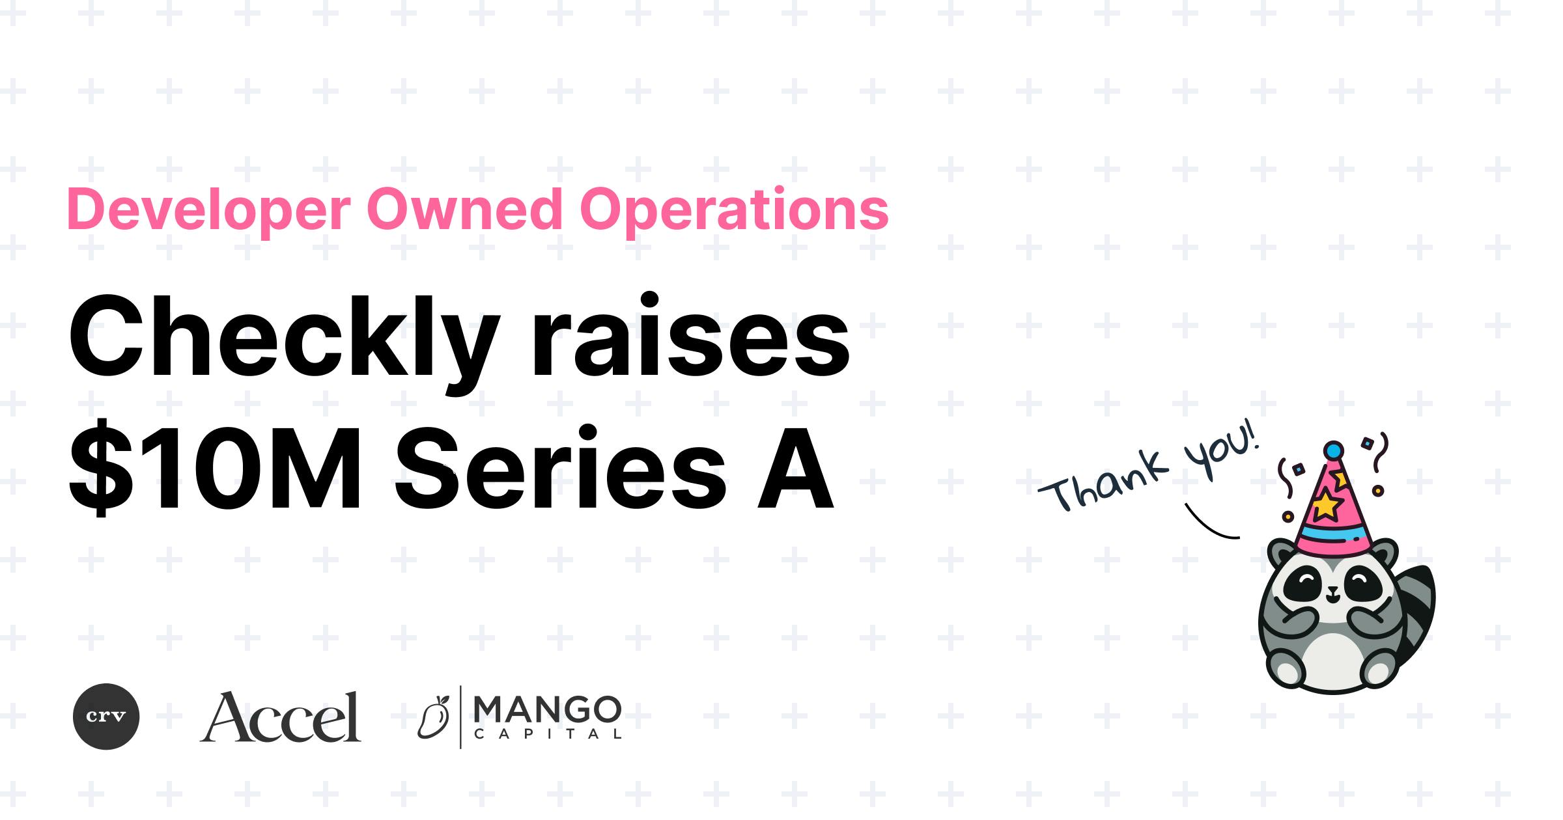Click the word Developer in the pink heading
coord(208,210)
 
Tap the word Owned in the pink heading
coord(464,209)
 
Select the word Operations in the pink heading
coord(734,210)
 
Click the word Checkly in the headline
coord(284,338)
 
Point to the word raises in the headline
coord(690,338)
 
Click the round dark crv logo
coord(106,717)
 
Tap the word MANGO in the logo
coord(547,709)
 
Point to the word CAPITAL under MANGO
coord(547,735)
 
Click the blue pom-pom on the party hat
coord(1334,450)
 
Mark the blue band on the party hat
coord(1332,538)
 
